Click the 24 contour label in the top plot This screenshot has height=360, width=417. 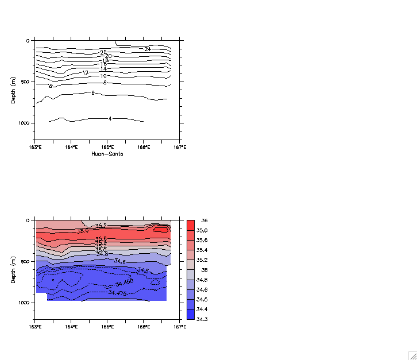(148, 49)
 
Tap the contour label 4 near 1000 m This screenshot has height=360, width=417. (110, 119)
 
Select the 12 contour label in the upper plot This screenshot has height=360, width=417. (85, 73)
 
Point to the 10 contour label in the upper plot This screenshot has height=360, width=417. (103, 76)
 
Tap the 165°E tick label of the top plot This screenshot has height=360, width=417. (107, 147)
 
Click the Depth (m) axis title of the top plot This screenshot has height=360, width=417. (13, 90)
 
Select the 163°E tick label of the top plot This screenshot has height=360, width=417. (35, 147)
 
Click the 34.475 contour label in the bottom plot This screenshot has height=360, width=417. (118, 293)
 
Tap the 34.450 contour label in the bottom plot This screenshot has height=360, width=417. (124, 282)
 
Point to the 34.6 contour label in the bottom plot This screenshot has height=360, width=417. (119, 261)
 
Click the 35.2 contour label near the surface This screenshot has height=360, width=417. (101, 226)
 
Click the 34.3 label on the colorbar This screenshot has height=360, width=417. (202, 319)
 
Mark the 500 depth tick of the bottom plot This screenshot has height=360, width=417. (26, 261)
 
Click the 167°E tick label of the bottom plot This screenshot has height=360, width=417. (180, 327)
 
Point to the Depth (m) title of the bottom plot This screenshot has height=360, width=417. (13, 269)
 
